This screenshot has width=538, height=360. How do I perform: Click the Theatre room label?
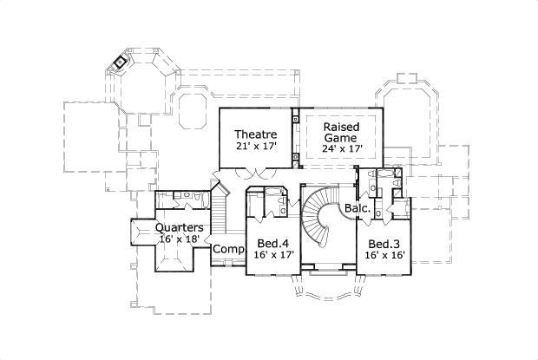coord(256,134)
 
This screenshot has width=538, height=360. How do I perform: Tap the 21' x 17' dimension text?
coord(256,147)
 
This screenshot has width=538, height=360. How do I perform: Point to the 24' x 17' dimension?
coord(341,148)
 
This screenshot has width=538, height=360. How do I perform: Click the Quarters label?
coord(180,228)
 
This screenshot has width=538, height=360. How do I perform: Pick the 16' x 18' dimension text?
coord(180,239)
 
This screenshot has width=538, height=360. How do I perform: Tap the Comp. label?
coord(228,249)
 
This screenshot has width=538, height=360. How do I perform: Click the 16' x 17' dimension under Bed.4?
coord(273,256)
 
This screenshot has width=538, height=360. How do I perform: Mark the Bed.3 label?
coord(383,244)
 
